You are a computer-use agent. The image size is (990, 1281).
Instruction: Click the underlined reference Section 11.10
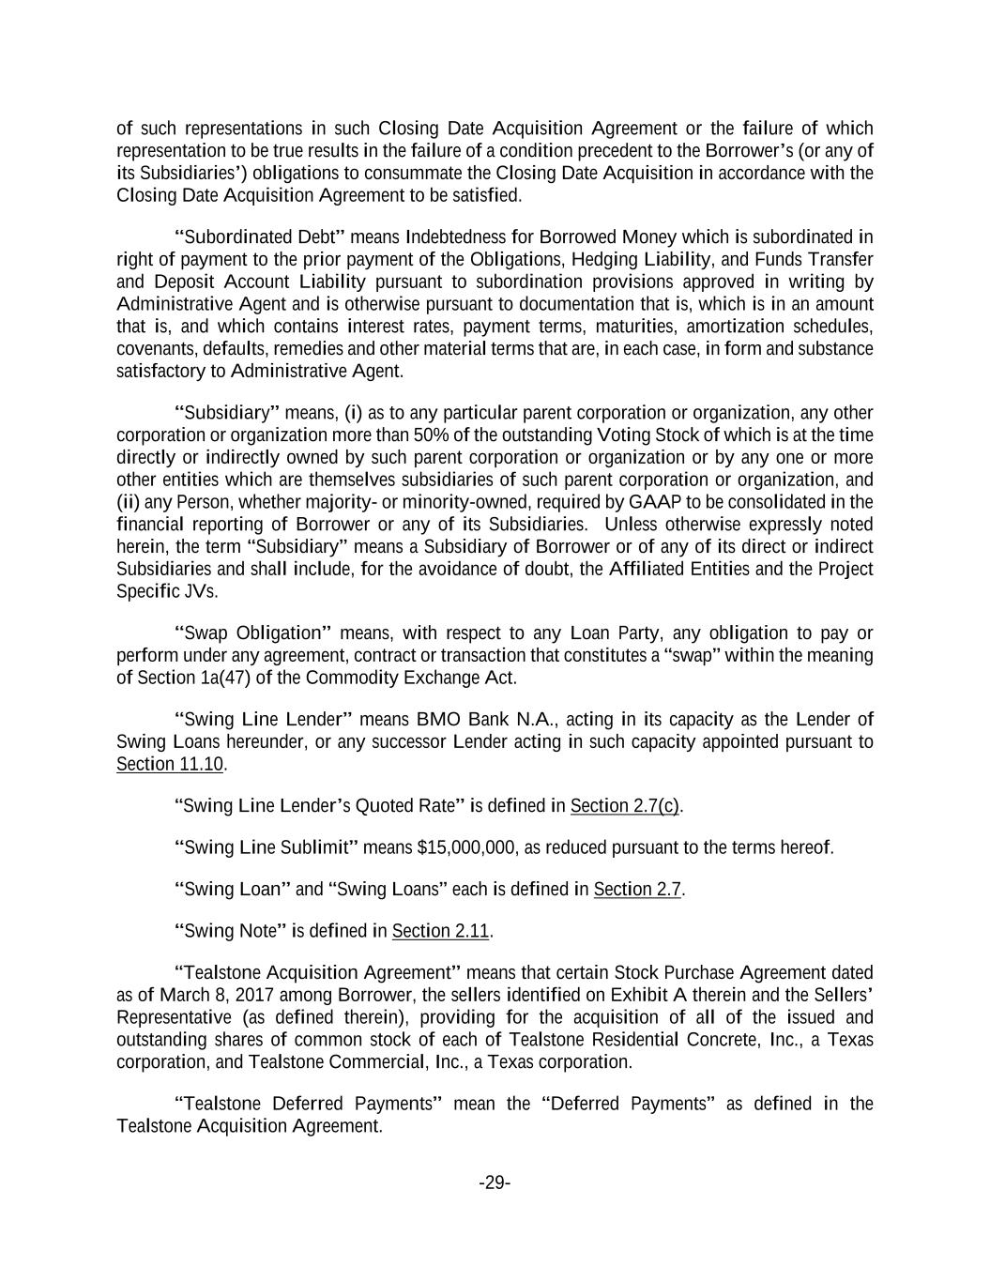[170, 764]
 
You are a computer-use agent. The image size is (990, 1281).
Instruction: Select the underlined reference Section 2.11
[441, 931]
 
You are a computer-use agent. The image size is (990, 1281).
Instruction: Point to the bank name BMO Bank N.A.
[487, 720]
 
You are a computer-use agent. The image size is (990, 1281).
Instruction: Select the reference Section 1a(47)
[190, 678]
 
